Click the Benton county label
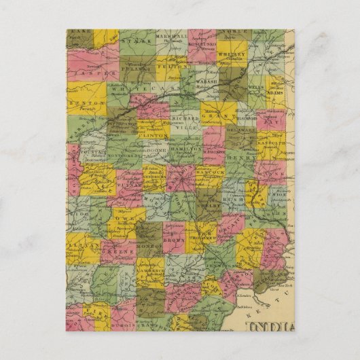pyautogui.click(x=82, y=102)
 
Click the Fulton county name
pyautogui.click(x=169, y=67)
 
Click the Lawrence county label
pyautogui.click(x=151, y=270)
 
